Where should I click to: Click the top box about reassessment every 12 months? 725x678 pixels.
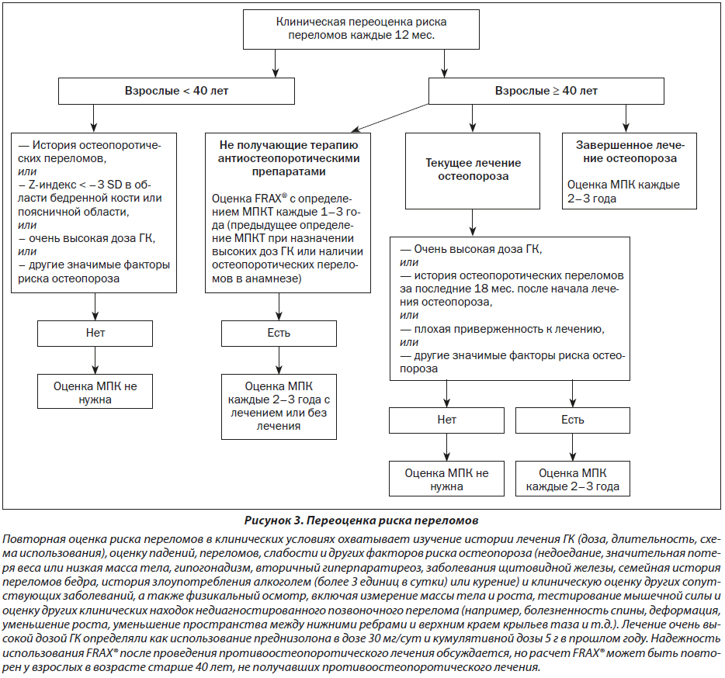pyautogui.click(x=361, y=29)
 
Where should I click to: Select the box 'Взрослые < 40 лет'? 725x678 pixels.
pyautogui.click(x=176, y=91)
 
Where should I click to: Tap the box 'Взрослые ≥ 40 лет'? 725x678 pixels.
pyautogui.click(x=546, y=91)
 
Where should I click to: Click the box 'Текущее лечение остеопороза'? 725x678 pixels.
pyautogui.click(x=473, y=171)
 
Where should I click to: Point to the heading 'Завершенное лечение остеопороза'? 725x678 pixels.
pyautogui.click(x=630, y=151)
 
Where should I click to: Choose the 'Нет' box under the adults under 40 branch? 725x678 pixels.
pyautogui.click(x=95, y=334)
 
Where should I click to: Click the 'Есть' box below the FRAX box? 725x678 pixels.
pyautogui.click(x=279, y=334)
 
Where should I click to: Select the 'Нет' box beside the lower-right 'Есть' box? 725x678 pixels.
pyautogui.click(x=446, y=420)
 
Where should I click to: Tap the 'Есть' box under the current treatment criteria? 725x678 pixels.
pyautogui.click(x=573, y=420)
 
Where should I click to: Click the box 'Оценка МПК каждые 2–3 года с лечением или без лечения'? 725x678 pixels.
pyautogui.click(x=279, y=406)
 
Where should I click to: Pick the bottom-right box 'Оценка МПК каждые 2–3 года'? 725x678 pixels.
pyautogui.click(x=573, y=479)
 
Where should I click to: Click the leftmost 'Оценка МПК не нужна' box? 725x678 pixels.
pyautogui.click(x=95, y=392)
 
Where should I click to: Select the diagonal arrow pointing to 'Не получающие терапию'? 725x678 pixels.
pyautogui.click(x=390, y=118)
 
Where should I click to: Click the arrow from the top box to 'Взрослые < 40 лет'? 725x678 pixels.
pyautogui.click(x=276, y=64)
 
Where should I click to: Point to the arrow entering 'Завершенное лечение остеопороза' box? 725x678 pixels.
pyautogui.click(x=626, y=119)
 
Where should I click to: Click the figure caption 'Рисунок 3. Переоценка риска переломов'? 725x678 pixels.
pyautogui.click(x=361, y=521)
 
